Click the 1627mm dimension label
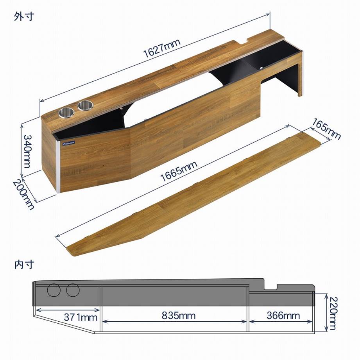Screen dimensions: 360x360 click(162, 48)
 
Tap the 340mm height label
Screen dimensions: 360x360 click(27, 151)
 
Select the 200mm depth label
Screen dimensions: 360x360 click(23, 194)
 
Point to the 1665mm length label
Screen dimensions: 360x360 click(178, 171)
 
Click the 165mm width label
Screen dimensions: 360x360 click(326, 129)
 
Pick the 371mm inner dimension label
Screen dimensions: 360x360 click(81, 317)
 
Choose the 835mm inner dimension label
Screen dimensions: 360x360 click(178, 315)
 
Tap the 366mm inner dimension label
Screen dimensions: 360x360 click(283, 316)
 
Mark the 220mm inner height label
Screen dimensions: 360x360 click(333, 313)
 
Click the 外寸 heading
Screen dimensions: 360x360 click(24, 16)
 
